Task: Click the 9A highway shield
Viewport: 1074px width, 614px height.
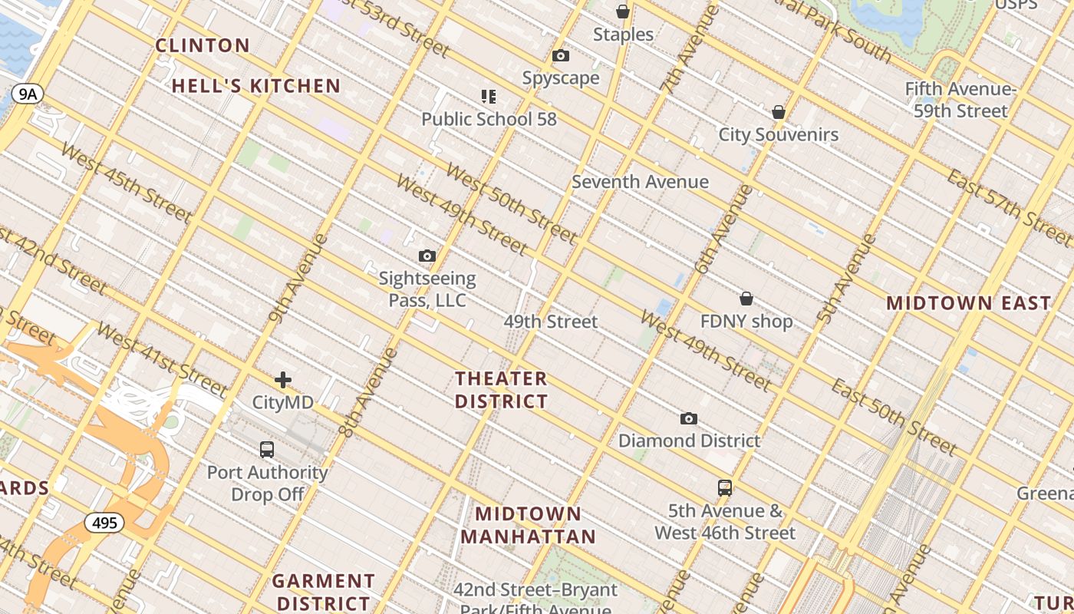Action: [x=28, y=94]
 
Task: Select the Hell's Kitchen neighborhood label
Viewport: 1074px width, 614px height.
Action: [x=255, y=86]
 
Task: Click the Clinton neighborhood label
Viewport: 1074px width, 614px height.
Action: [x=203, y=45]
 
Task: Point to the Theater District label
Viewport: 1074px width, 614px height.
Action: [x=501, y=390]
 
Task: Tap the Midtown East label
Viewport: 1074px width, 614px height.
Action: [x=968, y=302]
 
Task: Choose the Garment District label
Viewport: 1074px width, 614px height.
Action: [x=323, y=592]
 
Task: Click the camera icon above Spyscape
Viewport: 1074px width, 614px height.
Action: [x=561, y=55]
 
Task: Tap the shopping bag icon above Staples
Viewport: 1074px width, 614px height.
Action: [x=623, y=12]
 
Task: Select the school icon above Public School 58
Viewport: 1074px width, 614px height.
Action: [x=489, y=96]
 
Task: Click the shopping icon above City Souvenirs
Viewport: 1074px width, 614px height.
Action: [x=779, y=112]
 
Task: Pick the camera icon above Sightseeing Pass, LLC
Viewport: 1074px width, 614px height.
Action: [x=427, y=256]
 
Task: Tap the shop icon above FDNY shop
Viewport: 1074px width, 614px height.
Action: [x=746, y=299]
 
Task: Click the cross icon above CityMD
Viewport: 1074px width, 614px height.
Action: [x=283, y=379]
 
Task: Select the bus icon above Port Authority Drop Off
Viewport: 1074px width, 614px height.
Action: [x=267, y=450]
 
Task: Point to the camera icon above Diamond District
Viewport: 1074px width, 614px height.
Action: [x=689, y=418]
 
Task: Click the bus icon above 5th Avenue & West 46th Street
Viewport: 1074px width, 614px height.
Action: [x=725, y=487]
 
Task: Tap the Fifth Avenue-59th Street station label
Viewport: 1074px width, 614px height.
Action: [x=960, y=100]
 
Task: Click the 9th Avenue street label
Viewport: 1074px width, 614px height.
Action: [x=298, y=278]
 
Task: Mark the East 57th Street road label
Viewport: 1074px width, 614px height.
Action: [x=1009, y=203]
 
